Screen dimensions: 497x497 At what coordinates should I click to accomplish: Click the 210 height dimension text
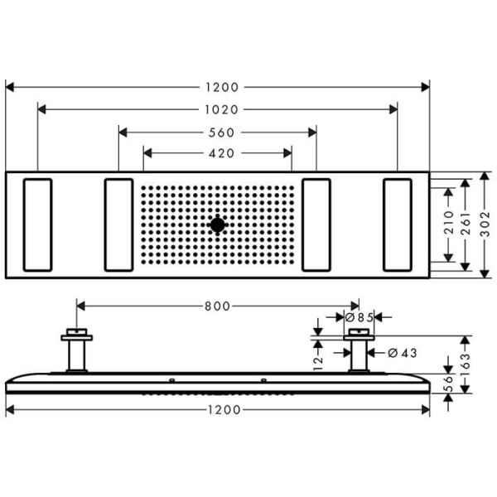(449, 224)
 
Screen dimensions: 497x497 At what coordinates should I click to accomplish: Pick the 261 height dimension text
(467, 224)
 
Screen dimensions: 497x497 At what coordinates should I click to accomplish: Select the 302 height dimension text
(485, 224)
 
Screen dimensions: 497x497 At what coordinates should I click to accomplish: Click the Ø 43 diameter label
(402, 353)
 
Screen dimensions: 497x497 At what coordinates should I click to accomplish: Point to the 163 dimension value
(467, 362)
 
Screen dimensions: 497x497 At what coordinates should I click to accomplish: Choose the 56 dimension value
(448, 383)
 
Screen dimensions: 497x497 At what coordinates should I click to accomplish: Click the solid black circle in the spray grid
(218, 224)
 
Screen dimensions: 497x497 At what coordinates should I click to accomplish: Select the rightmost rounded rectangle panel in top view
(398, 224)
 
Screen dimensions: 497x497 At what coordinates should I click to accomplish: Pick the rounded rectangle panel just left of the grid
(119, 224)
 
